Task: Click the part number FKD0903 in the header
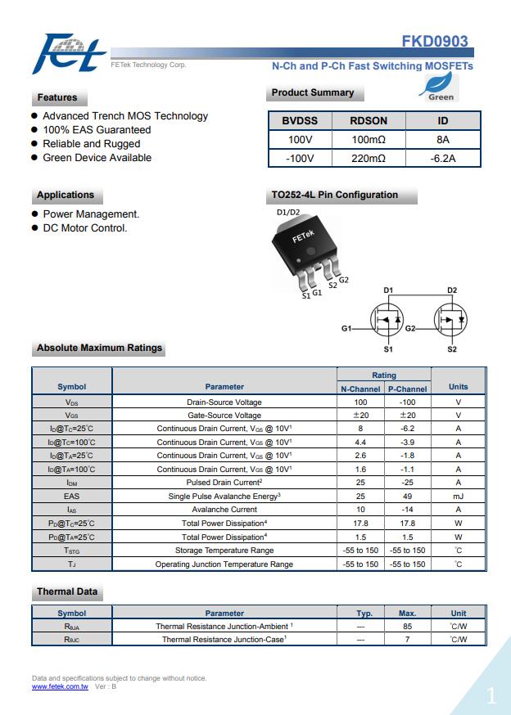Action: pyautogui.click(x=434, y=42)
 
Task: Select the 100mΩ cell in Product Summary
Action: pyautogui.click(x=369, y=139)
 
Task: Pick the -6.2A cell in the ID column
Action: pyautogui.click(x=443, y=158)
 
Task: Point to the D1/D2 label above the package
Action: pyautogui.click(x=288, y=213)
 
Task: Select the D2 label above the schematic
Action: pyautogui.click(x=452, y=290)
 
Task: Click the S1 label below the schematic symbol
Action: pyautogui.click(x=388, y=349)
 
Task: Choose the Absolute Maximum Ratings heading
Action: pyautogui.click(x=99, y=349)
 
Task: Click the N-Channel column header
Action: pyautogui.click(x=360, y=389)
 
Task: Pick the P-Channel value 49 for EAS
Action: pyautogui.click(x=408, y=496)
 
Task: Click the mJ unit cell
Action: pyautogui.click(x=458, y=496)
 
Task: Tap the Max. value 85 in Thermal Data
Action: pyautogui.click(x=408, y=626)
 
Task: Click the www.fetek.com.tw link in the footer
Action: pyautogui.click(x=60, y=686)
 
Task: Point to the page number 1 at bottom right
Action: pyautogui.click(x=491, y=696)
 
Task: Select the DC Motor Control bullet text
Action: pyautogui.click(x=85, y=228)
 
